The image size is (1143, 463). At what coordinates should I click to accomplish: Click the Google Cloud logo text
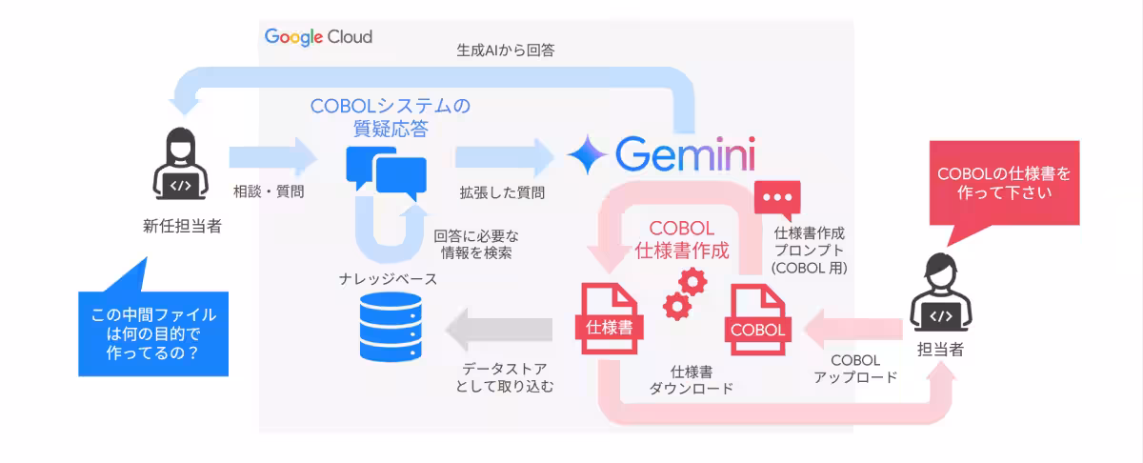pyautogui.click(x=318, y=37)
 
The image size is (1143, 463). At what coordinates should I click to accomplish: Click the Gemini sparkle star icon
pyautogui.click(x=585, y=153)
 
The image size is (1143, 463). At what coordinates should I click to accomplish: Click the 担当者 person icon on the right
pyautogui.click(x=939, y=296)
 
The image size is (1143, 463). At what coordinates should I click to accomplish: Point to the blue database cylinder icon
pyautogui.click(x=391, y=329)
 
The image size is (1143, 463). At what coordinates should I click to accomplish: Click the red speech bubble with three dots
pyautogui.click(x=777, y=199)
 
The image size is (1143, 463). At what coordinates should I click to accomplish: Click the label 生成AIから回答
pyautogui.click(x=506, y=50)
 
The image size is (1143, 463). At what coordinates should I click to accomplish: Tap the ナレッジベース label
pyautogui.click(x=388, y=279)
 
